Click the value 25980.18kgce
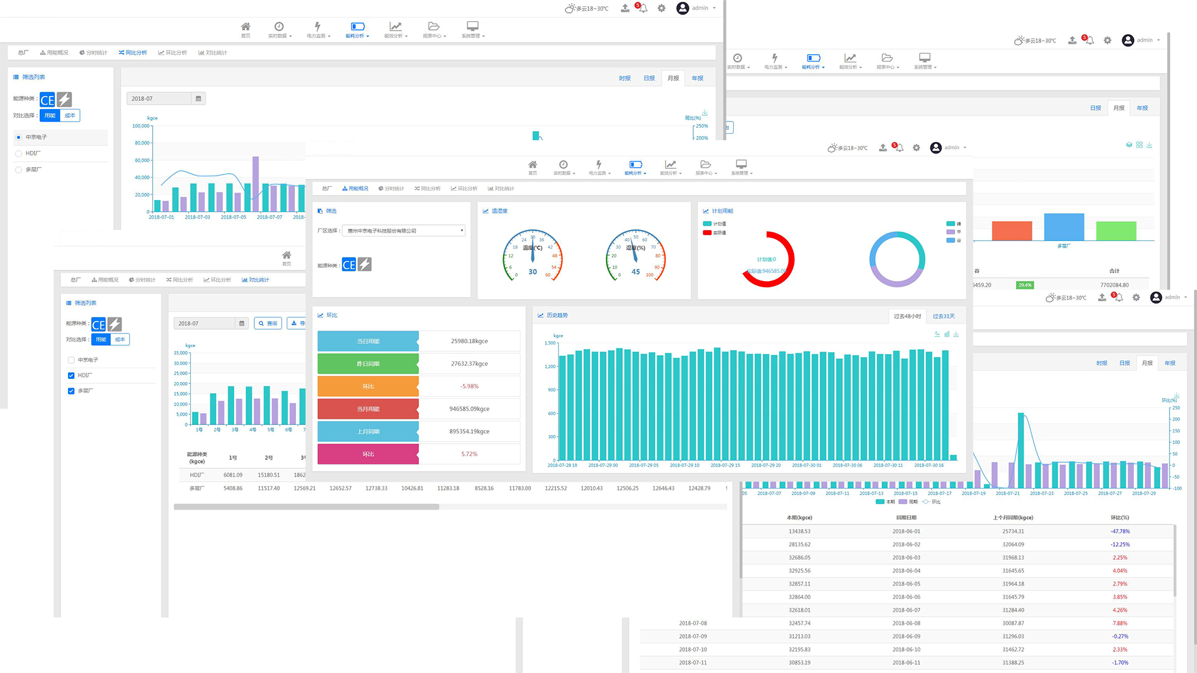coord(469,341)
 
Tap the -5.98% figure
coord(469,386)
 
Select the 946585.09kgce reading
coord(469,409)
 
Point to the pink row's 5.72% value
coord(469,454)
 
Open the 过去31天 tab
coord(943,317)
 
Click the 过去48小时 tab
coord(907,317)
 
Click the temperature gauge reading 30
coord(532,272)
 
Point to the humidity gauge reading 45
coord(635,272)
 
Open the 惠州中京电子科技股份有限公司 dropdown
coord(404,231)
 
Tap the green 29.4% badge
coord(1024,285)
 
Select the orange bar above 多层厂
coord(1011,231)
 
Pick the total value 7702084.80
coord(1114,285)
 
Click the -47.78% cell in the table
coord(1120,532)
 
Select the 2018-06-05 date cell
coord(906,584)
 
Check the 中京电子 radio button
coord(19,137)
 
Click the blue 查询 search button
coord(268,323)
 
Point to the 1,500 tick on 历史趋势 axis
coord(550,343)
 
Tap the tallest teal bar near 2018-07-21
coord(1021,449)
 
